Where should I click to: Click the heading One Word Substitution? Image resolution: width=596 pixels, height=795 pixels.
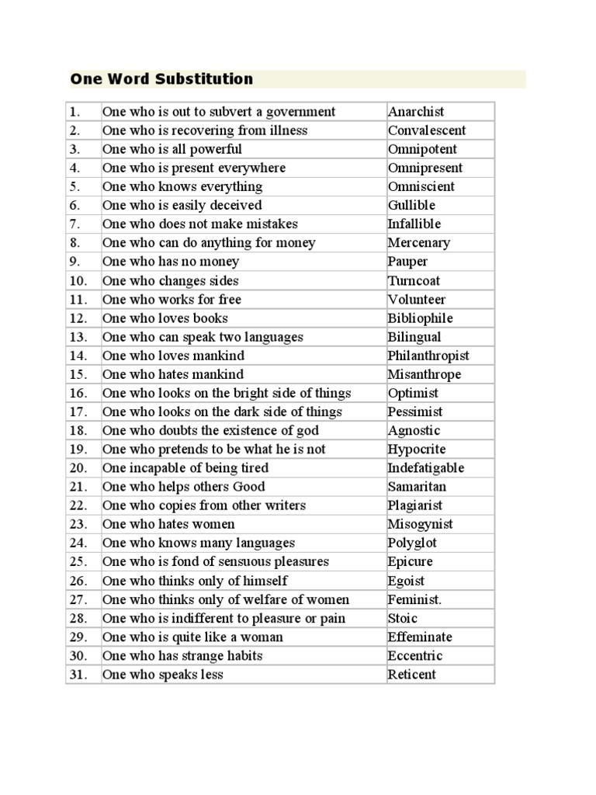[161, 78]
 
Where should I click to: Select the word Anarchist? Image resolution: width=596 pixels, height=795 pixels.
[416, 112]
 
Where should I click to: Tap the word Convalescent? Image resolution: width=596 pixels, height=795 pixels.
[427, 130]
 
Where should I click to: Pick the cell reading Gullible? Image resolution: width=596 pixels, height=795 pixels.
[411, 205]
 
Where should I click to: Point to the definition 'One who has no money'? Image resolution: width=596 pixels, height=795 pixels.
[171, 262]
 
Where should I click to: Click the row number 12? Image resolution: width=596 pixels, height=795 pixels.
[78, 318]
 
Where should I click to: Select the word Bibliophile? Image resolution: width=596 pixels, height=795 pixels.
[420, 318]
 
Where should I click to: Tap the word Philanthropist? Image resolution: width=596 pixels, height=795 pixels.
[428, 356]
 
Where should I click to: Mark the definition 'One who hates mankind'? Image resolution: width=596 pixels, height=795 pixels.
[173, 374]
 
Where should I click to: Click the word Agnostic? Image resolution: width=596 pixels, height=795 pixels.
[414, 431]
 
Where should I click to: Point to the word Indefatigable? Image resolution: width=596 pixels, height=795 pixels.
[426, 468]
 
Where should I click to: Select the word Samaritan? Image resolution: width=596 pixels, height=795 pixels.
[417, 487]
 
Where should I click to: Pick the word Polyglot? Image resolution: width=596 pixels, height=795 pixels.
[411, 543]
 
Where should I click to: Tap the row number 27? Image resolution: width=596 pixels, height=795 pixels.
[78, 599]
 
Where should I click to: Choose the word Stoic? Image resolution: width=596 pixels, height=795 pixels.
[403, 618]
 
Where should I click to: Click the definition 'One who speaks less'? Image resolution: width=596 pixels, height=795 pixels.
[163, 675]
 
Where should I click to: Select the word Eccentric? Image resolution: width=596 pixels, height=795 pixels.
[414, 656]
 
